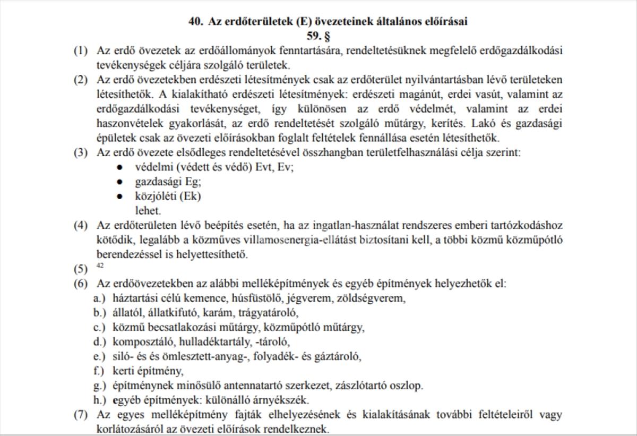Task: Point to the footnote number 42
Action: coord(100,265)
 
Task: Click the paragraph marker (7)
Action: coord(81,414)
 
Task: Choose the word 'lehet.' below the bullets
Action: coord(148,210)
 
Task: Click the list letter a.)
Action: coord(100,298)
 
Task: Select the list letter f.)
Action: coord(100,371)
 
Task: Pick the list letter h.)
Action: coord(100,400)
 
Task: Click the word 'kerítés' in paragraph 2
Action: coord(455,124)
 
